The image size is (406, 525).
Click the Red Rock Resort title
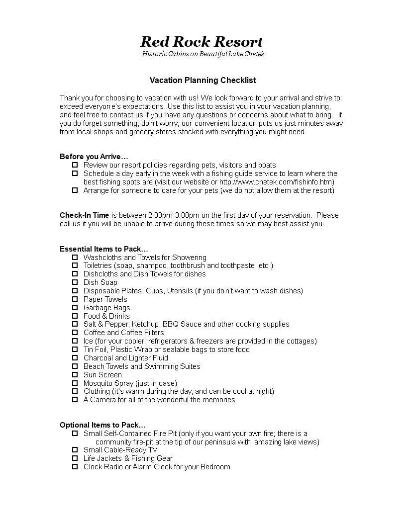point(202,41)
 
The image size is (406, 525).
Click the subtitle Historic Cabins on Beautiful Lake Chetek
point(203,54)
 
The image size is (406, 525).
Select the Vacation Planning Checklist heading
point(203,80)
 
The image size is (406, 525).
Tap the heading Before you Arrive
point(94,157)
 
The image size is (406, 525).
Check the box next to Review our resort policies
point(75,165)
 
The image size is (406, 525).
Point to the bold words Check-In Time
point(84,215)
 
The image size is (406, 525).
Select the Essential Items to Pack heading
point(104,249)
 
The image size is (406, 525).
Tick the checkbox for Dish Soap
point(75,282)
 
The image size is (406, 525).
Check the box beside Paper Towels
point(75,299)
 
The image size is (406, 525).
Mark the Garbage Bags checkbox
point(75,308)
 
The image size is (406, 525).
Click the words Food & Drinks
point(106,316)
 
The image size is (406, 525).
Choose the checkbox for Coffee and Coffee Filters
point(75,333)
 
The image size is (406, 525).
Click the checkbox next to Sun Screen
point(75,375)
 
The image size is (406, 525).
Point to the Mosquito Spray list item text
point(130,383)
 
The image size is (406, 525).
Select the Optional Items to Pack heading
point(102,425)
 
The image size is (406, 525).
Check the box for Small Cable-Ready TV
point(75,450)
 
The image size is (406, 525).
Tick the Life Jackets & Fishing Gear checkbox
point(75,458)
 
